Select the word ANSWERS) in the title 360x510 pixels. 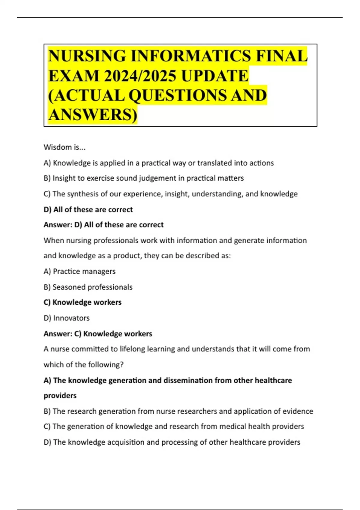click(x=92, y=115)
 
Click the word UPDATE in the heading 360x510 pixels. click(x=215, y=76)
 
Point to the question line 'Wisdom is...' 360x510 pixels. click(x=64, y=147)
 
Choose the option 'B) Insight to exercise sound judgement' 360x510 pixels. click(x=143, y=178)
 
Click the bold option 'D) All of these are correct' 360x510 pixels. click(x=88, y=209)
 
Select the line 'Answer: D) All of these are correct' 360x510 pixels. click(x=103, y=225)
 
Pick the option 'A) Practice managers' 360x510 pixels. click(x=79, y=271)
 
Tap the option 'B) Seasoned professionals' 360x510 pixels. click(x=88, y=287)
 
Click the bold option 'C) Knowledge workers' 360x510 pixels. click(x=82, y=302)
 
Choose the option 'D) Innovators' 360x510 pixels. click(x=67, y=318)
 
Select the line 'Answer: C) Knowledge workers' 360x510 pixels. click(x=98, y=334)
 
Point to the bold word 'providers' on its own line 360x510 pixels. click(x=60, y=396)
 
